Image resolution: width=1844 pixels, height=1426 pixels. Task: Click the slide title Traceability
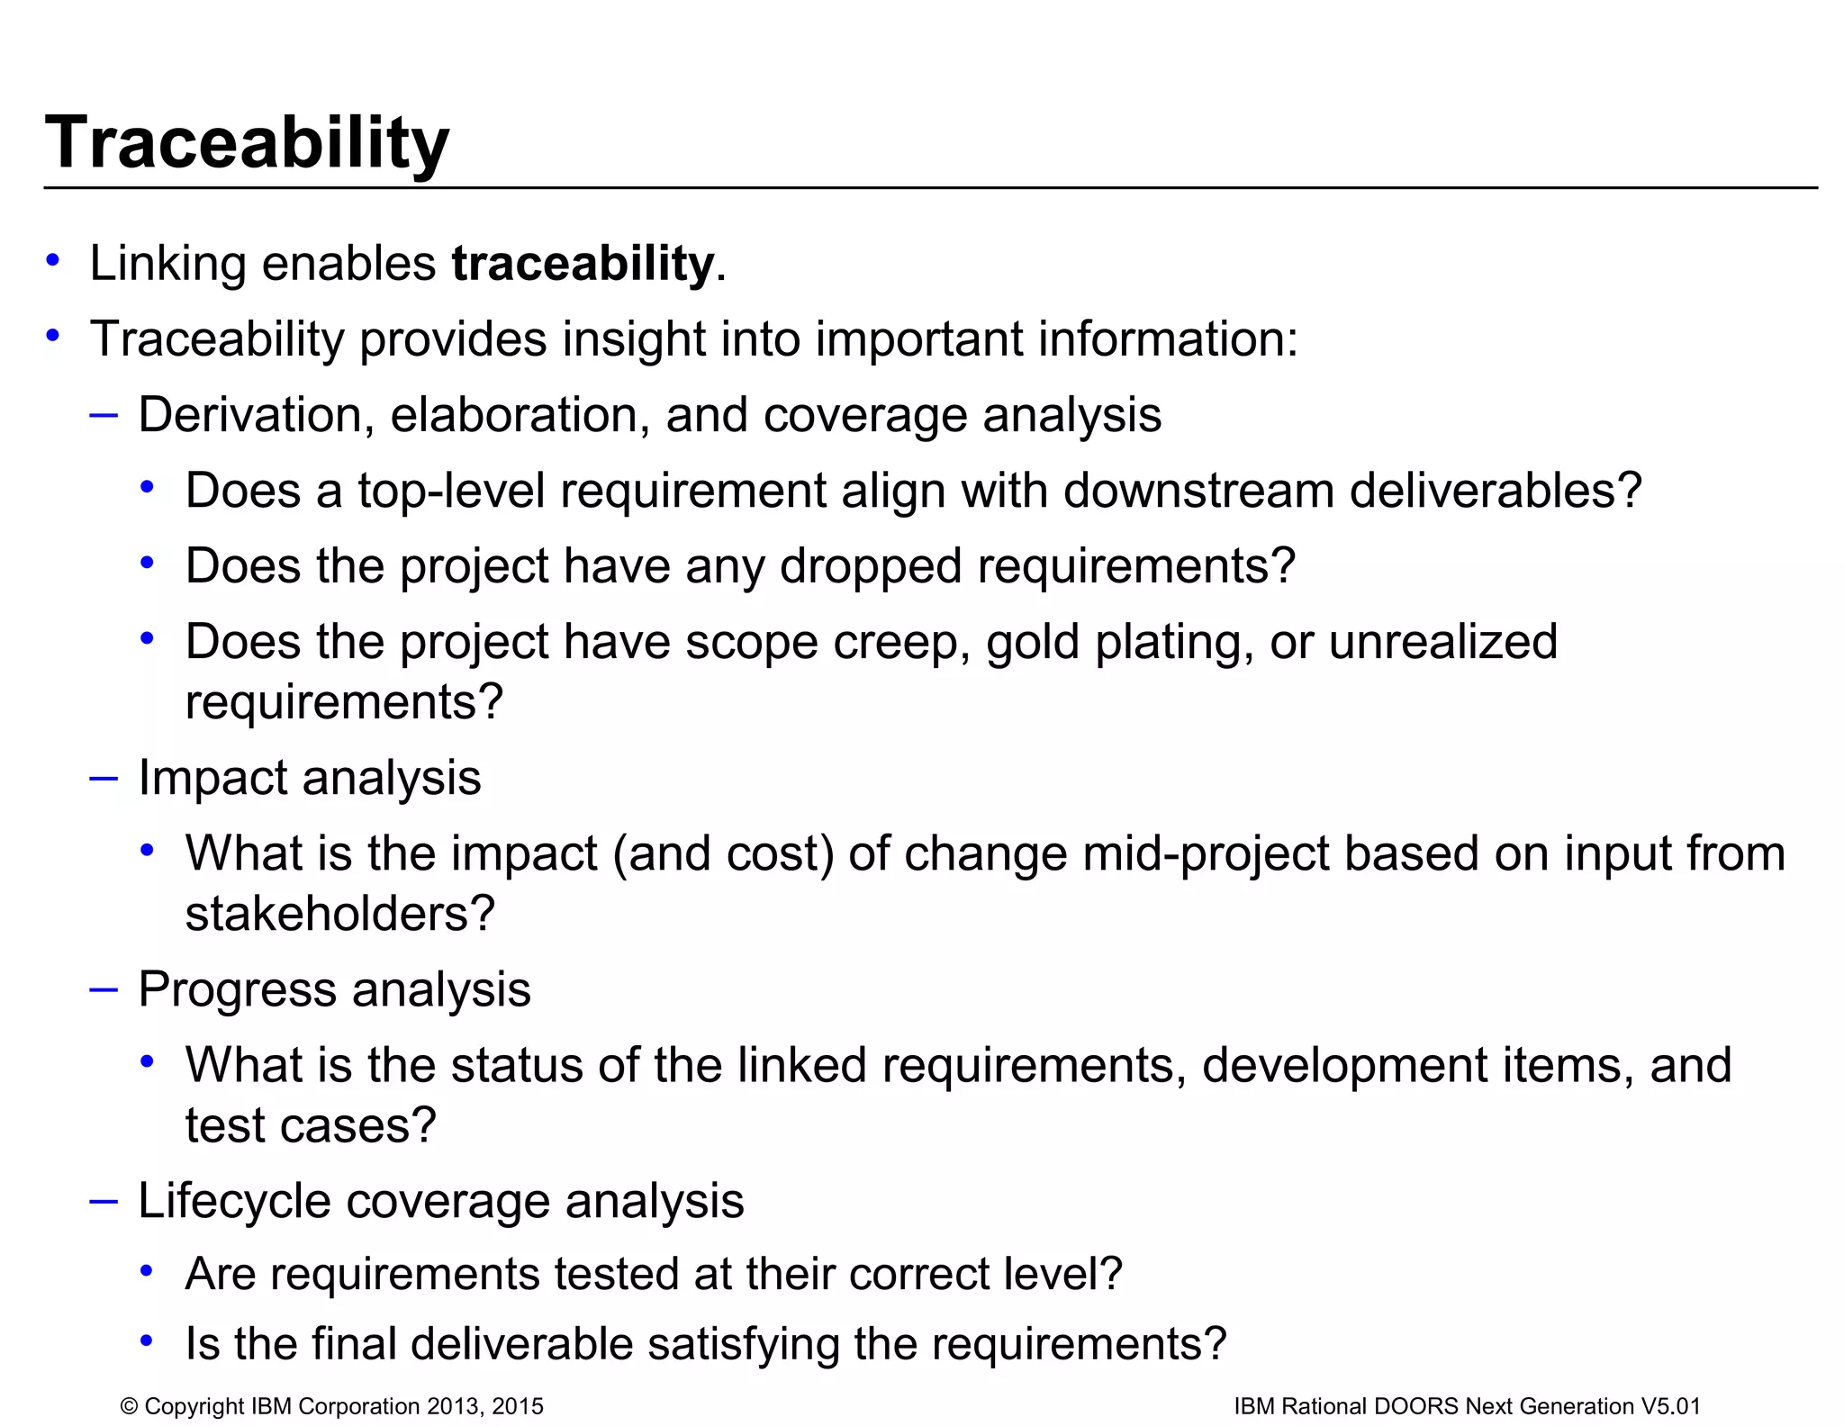[x=246, y=144]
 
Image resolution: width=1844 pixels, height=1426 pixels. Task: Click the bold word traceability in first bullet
[x=583, y=264]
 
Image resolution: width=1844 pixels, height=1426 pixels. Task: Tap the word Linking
[x=167, y=264]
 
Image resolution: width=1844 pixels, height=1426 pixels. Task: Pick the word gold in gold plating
[x=1032, y=643]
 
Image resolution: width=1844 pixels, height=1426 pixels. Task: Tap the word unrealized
[x=1442, y=642]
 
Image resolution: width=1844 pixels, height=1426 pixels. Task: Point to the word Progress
[x=238, y=989]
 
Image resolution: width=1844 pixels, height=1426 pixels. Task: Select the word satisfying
[x=743, y=1343]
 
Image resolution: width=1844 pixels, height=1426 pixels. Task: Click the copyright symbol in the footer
[x=129, y=1406]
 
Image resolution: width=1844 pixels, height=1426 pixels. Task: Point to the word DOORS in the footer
[x=1415, y=1406]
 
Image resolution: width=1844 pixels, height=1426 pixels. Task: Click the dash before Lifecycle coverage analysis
[x=104, y=1201]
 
